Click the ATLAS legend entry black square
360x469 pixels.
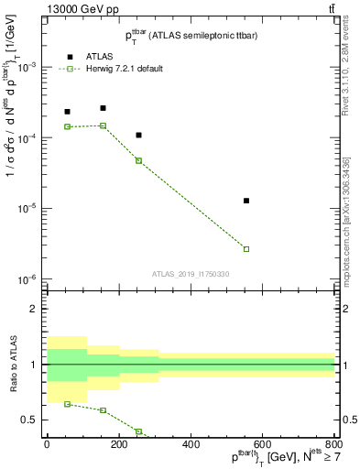pyautogui.click(x=71, y=57)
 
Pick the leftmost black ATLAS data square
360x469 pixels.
pyautogui.click(x=67, y=112)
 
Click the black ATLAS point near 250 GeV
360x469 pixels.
pyautogui.click(x=138, y=136)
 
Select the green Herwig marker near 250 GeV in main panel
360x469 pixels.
pyautogui.click(x=138, y=160)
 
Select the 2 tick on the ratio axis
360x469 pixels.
pyautogui.click(x=34, y=309)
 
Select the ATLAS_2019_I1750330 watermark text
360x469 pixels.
pyautogui.click(x=191, y=274)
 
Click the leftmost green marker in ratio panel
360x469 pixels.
pyautogui.click(x=67, y=404)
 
